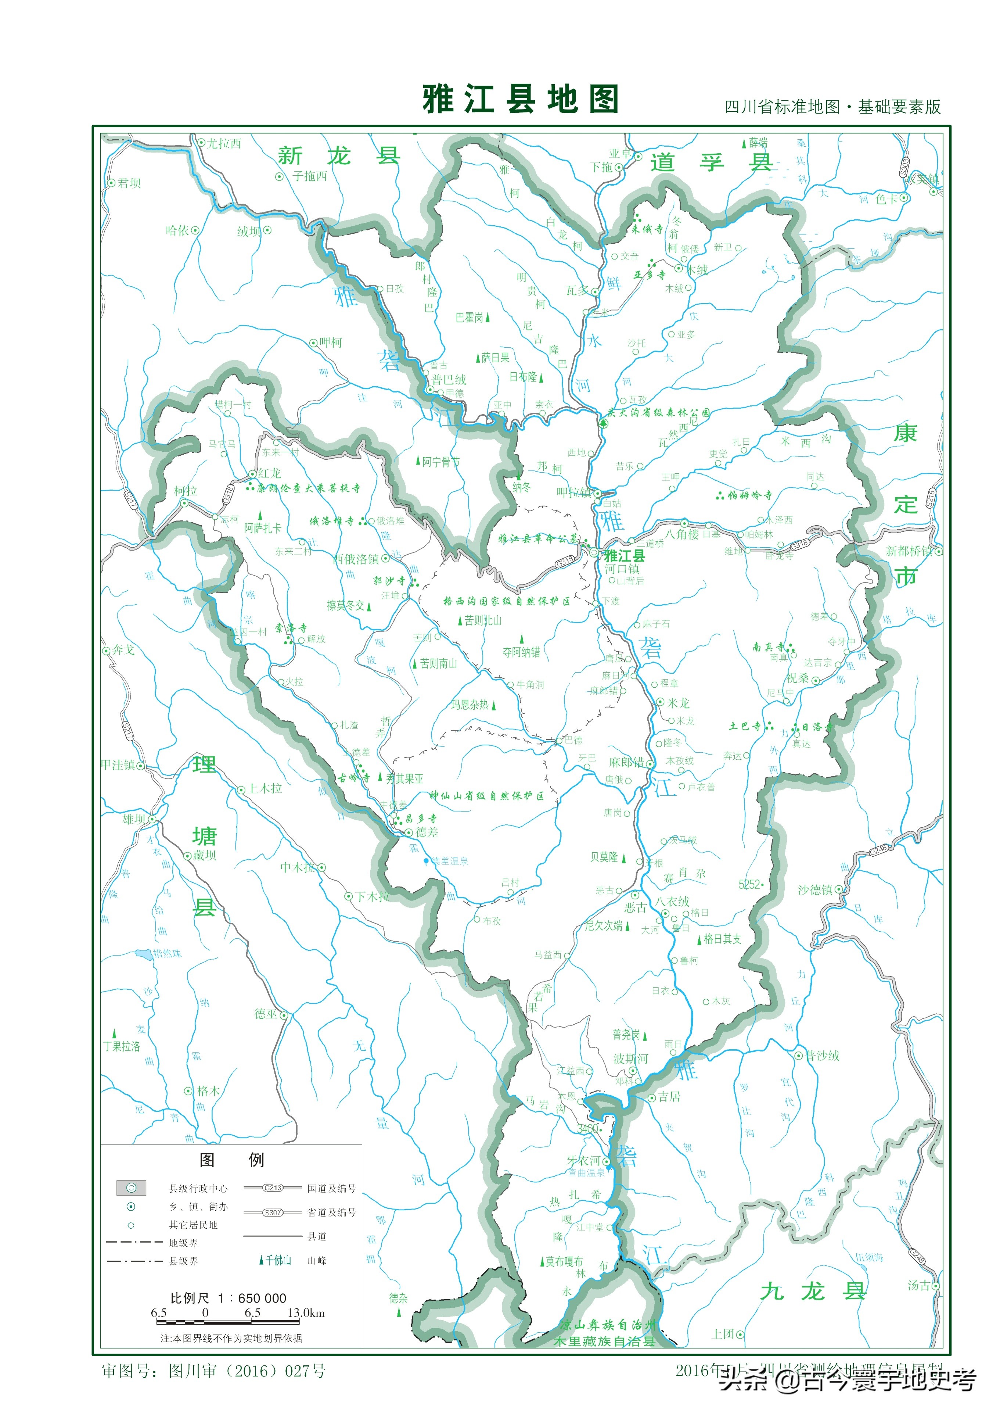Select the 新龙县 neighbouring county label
click(x=338, y=155)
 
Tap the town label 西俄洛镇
click(x=356, y=559)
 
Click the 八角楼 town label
click(x=681, y=534)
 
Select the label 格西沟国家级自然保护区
click(x=507, y=601)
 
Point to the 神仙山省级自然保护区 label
click(x=487, y=796)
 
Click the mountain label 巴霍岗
click(x=470, y=318)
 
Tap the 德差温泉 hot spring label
click(x=449, y=861)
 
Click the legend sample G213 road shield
click(x=272, y=1187)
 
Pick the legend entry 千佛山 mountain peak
click(x=277, y=1260)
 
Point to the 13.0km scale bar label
click(x=306, y=1313)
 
